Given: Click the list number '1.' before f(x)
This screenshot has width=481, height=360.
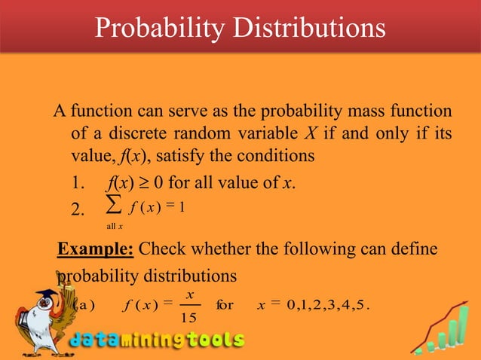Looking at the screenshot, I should click(x=76, y=183).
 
